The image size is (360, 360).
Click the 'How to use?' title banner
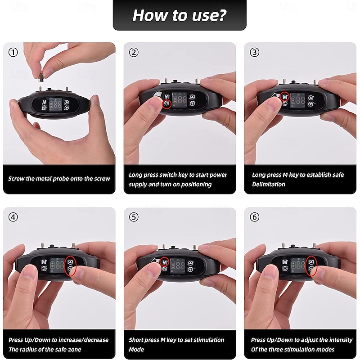click(180, 15)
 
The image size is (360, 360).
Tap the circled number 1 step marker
click(13, 52)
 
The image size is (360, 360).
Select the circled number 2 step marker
click(134, 52)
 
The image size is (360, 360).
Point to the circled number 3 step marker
click(254, 52)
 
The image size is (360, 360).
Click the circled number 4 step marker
click(13, 217)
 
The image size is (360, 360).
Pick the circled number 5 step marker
click(134, 217)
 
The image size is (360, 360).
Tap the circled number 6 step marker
click(254, 217)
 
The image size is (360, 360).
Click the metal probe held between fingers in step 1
click(40, 76)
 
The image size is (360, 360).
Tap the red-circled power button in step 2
click(167, 104)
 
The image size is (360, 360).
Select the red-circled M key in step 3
click(285, 97)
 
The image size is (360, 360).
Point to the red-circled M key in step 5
click(164, 262)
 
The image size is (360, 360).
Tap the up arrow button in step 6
click(311, 262)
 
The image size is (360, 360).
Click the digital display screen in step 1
click(56, 105)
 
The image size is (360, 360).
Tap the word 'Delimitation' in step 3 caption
click(269, 184)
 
